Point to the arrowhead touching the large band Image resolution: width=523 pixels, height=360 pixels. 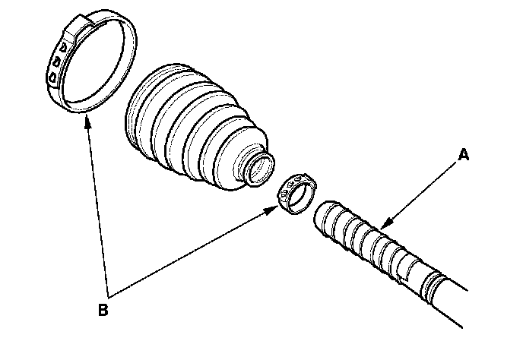click(x=87, y=122)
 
